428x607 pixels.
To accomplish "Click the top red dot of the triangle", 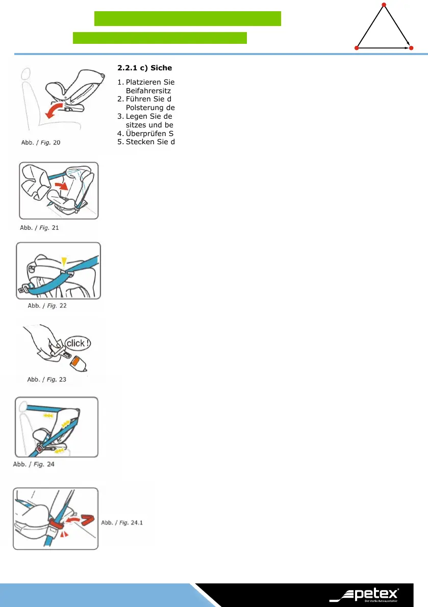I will (384, 5).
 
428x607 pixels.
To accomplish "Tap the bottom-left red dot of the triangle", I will (357, 48).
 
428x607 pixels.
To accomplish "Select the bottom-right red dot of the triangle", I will (411, 48).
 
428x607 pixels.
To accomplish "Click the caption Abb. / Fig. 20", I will (40, 142).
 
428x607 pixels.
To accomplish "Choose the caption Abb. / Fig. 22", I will (47, 306).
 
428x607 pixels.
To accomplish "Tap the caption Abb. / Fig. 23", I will (46, 379).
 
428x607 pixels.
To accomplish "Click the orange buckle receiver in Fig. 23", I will (81, 363).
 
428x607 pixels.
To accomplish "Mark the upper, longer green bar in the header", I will (188, 18).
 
